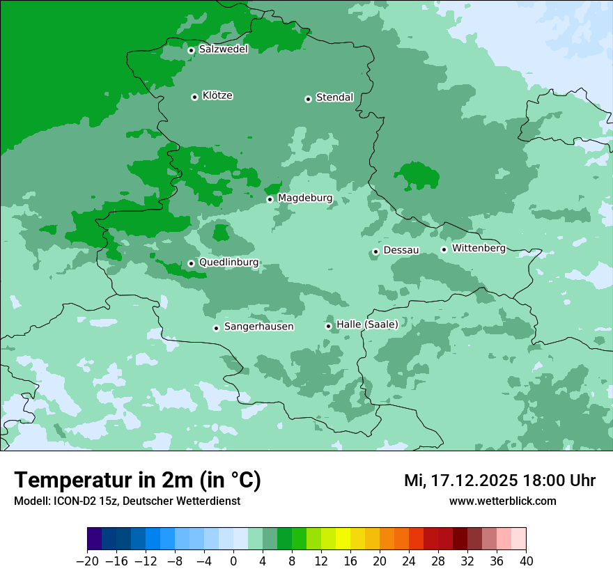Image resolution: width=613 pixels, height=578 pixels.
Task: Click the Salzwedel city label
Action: [x=223, y=49]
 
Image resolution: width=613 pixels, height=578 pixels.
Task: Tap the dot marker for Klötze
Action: [x=194, y=97]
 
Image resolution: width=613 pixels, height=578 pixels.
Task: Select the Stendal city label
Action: [x=334, y=97]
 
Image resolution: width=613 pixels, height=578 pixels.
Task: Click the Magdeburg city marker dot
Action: [x=270, y=199]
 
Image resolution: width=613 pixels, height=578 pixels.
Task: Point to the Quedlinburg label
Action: [x=228, y=263]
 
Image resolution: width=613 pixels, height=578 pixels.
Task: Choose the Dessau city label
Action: [x=401, y=250]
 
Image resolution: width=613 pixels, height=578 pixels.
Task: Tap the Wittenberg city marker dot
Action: [x=444, y=249]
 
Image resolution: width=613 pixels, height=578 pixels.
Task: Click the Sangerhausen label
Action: [x=258, y=327]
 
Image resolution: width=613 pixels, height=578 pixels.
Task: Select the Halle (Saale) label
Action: [x=367, y=325]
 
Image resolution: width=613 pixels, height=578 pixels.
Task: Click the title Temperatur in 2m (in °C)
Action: [x=137, y=481]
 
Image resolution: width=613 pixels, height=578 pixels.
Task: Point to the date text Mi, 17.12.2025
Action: [x=460, y=481]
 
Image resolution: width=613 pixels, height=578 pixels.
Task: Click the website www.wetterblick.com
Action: [x=502, y=501]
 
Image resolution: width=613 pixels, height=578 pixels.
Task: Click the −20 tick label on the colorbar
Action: [x=87, y=561]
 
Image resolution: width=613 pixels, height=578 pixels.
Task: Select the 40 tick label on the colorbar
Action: [x=526, y=561]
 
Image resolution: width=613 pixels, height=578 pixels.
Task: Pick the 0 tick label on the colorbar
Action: [x=233, y=561]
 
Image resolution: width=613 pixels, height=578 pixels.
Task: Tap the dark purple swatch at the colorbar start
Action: [x=95, y=539]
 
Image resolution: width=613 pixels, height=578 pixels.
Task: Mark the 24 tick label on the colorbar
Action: [x=409, y=561]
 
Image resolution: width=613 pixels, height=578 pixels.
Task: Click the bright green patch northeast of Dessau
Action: [x=417, y=175]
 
